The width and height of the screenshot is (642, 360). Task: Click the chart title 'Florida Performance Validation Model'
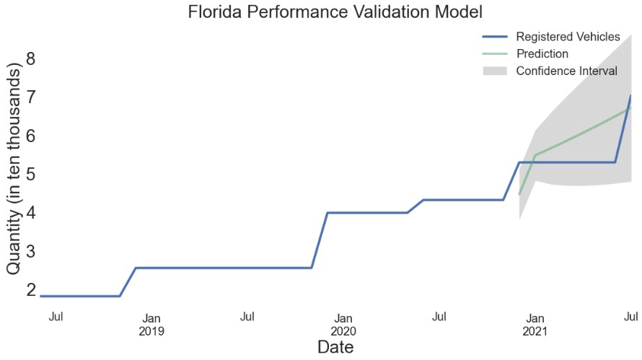coord(335,12)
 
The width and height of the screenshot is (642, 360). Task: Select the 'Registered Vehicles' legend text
coord(568,37)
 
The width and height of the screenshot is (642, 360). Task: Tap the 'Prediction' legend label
coord(542,54)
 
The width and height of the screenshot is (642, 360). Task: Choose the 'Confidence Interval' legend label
coord(566,71)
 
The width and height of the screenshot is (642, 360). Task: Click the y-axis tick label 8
coord(31,58)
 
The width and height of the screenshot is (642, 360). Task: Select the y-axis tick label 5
coord(31,175)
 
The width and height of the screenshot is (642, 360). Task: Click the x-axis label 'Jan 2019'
coord(151,325)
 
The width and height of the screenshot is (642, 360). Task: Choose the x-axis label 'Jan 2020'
coord(343,325)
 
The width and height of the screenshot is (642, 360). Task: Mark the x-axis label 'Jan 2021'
coord(535,325)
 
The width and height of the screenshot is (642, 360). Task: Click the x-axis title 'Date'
coord(335,348)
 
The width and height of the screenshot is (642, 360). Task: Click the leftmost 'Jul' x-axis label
coord(56,317)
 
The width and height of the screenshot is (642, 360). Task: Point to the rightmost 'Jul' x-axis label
coord(630,317)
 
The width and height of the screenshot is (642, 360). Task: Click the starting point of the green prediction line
coord(519,195)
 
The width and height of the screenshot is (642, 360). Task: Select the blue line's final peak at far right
coord(631,95)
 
